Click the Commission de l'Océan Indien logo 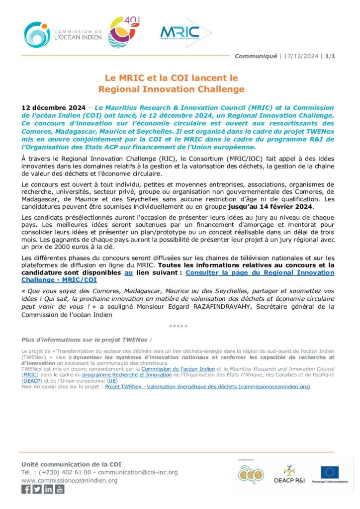coord(63,34)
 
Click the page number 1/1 coord(331,56)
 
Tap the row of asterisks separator coord(178,326)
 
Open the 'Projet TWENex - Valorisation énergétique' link coord(207,386)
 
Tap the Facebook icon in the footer coord(26,489)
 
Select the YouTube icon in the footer coord(60,489)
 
